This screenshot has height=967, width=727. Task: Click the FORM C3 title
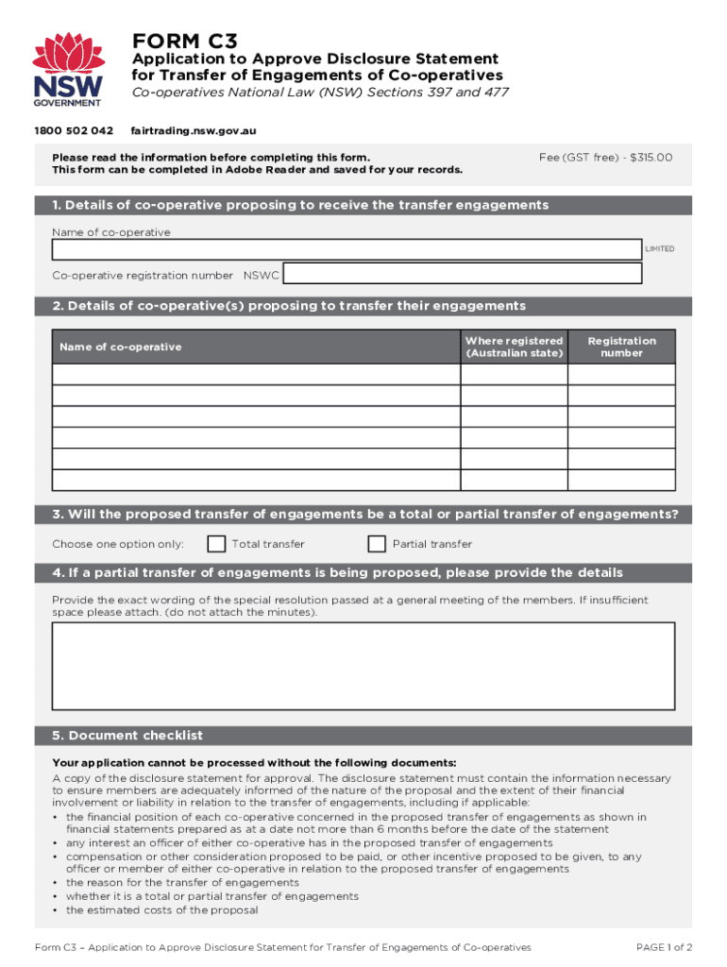pyautogui.click(x=185, y=41)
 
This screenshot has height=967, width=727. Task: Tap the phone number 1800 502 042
pyautogui.click(x=83, y=130)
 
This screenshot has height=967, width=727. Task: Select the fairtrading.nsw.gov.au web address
pyautogui.click(x=194, y=130)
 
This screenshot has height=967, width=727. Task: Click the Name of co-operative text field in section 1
pyautogui.click(x=347, y=249)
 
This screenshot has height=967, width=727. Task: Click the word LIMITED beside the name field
pyautogui.click(x=659, y=249)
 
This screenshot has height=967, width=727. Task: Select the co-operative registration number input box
pyautogui.click(x=463, y=274)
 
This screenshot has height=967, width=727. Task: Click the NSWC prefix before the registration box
pyautogui.click(x=262, y=276)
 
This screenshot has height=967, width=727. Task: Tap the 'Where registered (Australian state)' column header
pyautogui.click(x=514, y=347)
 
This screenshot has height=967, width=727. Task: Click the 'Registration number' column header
pyautogui.click(x=621, y=347)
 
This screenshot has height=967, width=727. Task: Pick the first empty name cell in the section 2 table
pyautogui.click(x=256, y=374)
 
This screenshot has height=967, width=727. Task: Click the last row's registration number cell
pyautogui.click(x=621, y=480)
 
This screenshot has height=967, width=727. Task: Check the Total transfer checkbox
pyautogui.click(x=216, y=544)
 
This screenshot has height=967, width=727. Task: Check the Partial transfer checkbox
pyautogui.click(x=377, y=544)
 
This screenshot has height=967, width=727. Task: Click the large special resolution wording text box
pyautogui.click(x=363, y=665)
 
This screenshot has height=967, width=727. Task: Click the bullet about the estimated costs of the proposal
pyautogui.click(x=161, y=910)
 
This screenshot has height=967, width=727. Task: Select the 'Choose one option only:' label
pyautogui.click(x=118, y=544)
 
